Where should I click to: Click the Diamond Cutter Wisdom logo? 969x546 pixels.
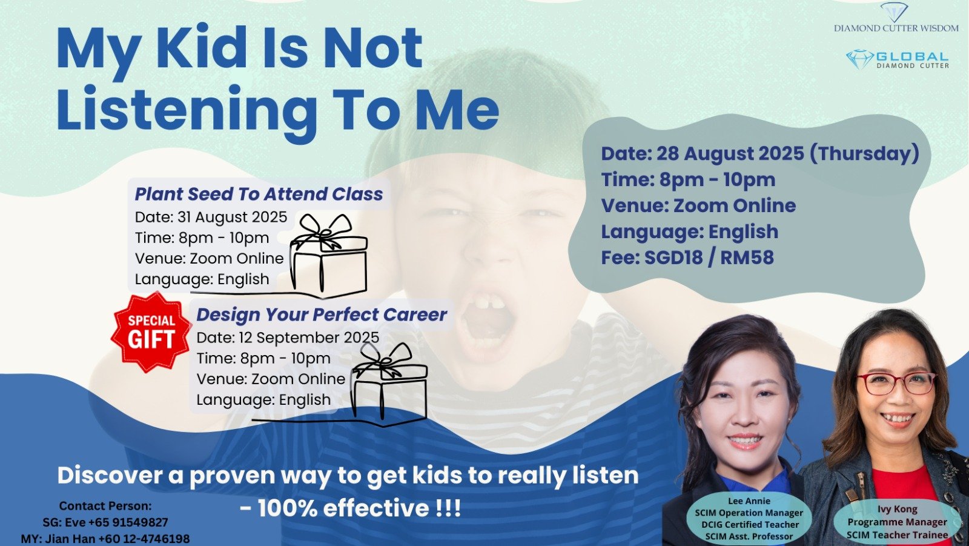point(896,18)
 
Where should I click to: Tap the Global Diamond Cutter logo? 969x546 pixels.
point(897,59)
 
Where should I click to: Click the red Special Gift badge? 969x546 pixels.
point(151,332)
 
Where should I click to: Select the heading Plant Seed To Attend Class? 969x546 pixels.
point(259,194)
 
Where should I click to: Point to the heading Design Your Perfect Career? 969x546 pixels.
point(322,315)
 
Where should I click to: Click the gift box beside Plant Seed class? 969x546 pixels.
point(329,256)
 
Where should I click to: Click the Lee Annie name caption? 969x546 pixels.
point(749,501)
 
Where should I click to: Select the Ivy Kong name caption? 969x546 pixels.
point(897,509)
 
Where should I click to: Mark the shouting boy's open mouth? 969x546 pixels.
point(488,321)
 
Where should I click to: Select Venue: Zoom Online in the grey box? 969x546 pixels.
point(699,205)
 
